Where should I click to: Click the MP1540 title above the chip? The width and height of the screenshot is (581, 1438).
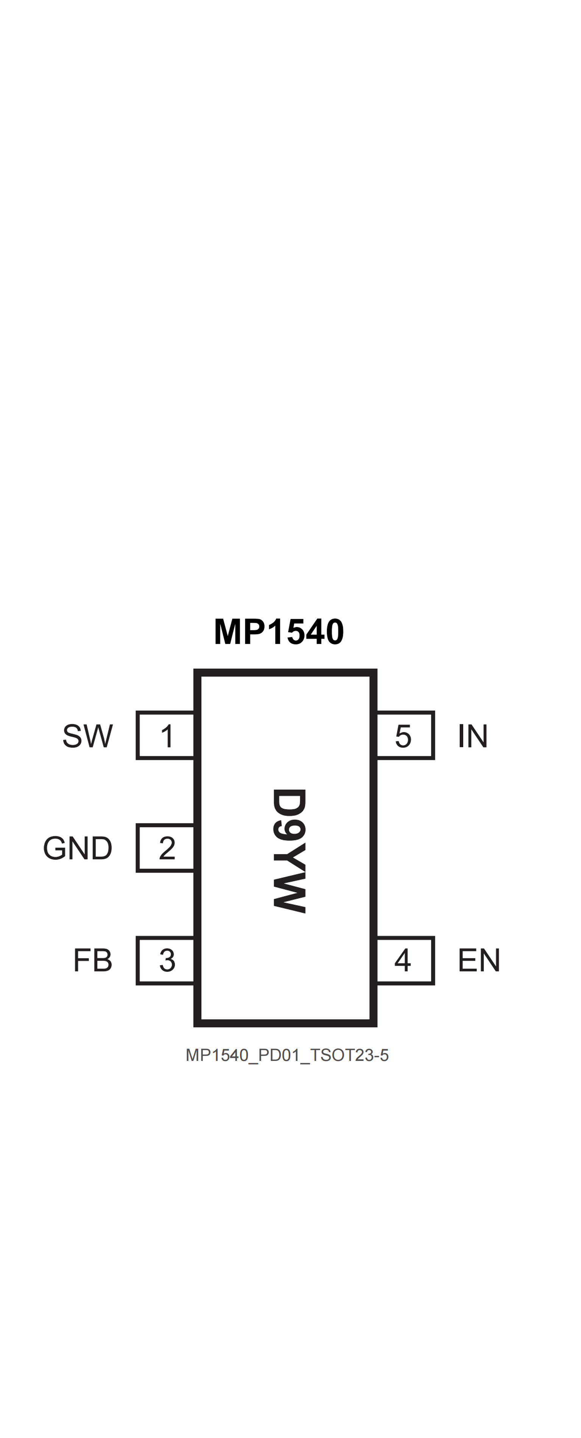(x=279, y=631)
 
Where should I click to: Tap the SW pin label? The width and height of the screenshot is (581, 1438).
(x=88, y=736)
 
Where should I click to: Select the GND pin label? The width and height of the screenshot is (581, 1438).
(x=78, y=848)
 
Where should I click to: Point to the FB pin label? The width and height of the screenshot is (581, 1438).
(x=93, y=960)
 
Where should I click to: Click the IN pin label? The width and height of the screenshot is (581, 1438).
(x=473, y=736)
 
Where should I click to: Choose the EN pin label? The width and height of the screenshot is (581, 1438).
(x=479, y=960)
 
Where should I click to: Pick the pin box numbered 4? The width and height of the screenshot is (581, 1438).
(x=405, y=960)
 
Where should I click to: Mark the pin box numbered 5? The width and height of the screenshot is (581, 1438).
(x=405, y=736)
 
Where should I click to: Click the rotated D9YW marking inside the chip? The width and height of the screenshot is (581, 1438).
(x=289, y=851)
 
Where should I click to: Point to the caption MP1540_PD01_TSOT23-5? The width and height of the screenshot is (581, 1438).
(x=287, y=1056)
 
